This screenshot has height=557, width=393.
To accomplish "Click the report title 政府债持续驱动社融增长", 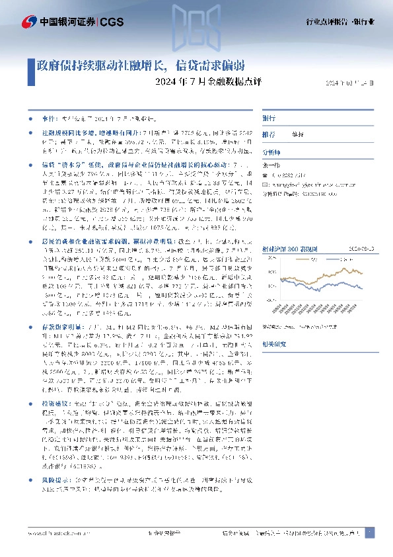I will coord(100,65).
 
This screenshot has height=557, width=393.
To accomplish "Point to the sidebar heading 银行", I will coord(269,118).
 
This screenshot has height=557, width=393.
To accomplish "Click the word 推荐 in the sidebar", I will coord(269,134).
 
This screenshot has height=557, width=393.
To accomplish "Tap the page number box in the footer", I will coord(369,533).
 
